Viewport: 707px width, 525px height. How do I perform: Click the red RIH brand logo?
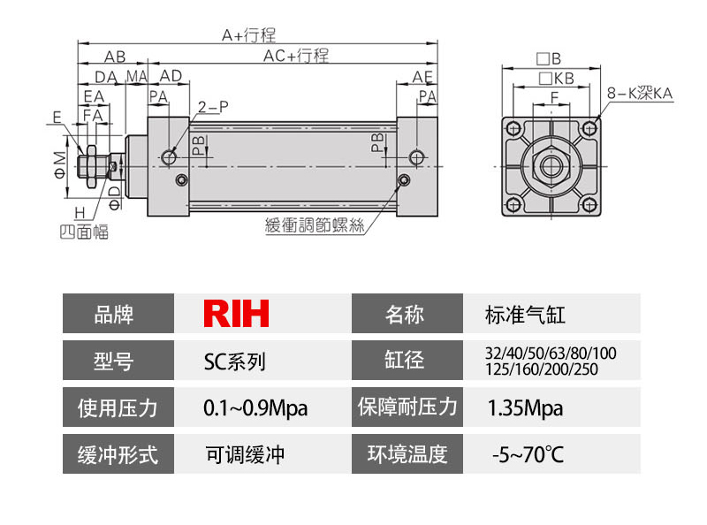coord(236,313)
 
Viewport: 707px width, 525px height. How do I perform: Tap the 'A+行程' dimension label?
coord(248,35)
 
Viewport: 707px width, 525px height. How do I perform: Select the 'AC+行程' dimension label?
coord(296,56)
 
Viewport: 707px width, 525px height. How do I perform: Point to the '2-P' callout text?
coord(213,107)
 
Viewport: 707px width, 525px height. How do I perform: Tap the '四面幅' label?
coord(84,233)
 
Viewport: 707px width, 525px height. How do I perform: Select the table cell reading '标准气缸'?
coord(525,314)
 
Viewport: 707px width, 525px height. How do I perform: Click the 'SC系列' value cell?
coord(234,361)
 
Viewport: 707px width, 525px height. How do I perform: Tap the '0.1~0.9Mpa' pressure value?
coord(256,407)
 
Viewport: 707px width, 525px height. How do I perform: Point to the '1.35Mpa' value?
coord(525,407)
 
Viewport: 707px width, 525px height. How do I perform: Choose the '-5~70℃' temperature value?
coord(527,455)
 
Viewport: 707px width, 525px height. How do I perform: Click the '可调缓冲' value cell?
coord(245,455)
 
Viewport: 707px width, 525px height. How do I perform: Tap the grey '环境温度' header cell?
coord(407,455)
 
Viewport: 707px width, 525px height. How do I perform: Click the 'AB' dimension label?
coord(114,56)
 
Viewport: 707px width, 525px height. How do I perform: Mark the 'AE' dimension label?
coord(422,77)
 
